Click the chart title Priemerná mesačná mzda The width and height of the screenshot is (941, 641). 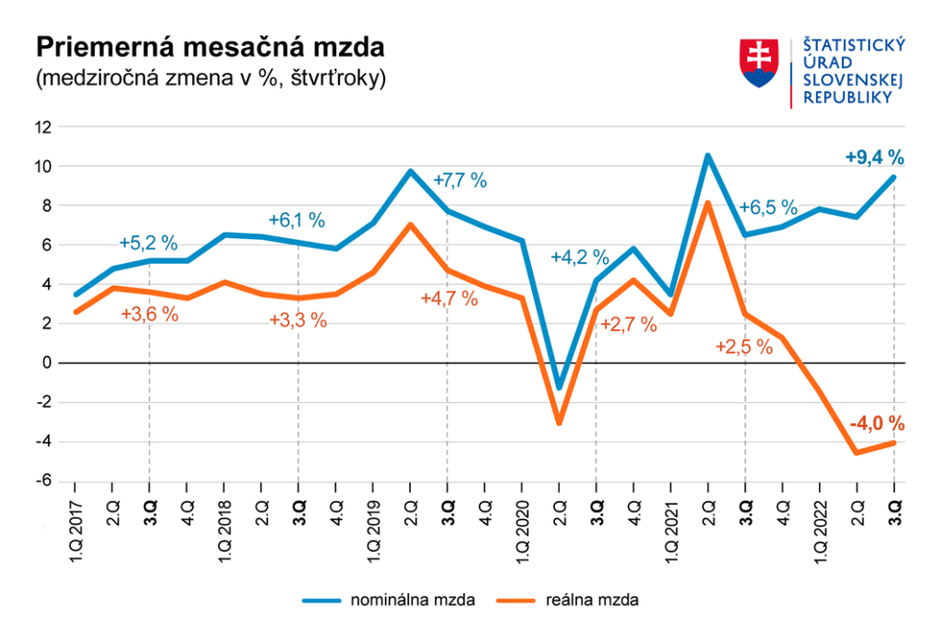(x=209, y=49)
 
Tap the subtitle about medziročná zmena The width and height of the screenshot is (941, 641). (x=210, y=78)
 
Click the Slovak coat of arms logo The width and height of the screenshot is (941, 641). (x=759, y=63)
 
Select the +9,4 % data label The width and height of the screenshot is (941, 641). (x=874, y=157)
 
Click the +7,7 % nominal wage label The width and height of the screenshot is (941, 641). (x=459, y=180)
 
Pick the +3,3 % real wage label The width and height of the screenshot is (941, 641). (x=298, y=321)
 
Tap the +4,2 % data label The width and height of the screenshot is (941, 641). (x=580, y=258)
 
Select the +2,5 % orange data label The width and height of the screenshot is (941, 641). (x=743, y=347)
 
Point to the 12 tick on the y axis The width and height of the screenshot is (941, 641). (x=41, y=127)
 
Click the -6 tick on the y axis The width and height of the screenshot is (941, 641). (x=41, y=482)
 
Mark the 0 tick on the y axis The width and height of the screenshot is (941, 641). (x=45, y=363)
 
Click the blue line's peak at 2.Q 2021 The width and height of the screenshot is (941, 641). (x=708, y=155)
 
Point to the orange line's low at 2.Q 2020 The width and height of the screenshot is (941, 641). (x=559, y=423)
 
